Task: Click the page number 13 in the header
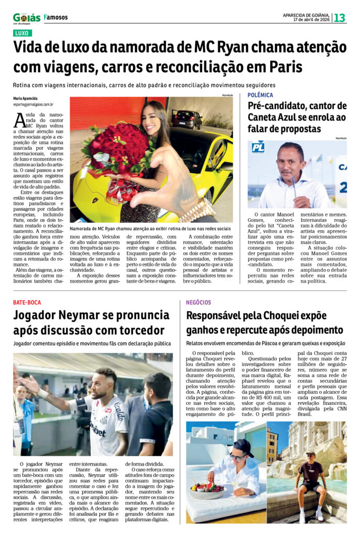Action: [340, 18]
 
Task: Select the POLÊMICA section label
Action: [260, 95]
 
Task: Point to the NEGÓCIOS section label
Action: [199, 303]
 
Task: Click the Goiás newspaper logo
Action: [27, 18]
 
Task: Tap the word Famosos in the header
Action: [56, 17]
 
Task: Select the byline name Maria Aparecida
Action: [25, 99]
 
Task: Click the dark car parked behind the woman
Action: [187, 119]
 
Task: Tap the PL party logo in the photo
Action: [258, 147]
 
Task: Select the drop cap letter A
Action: [19, 121]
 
